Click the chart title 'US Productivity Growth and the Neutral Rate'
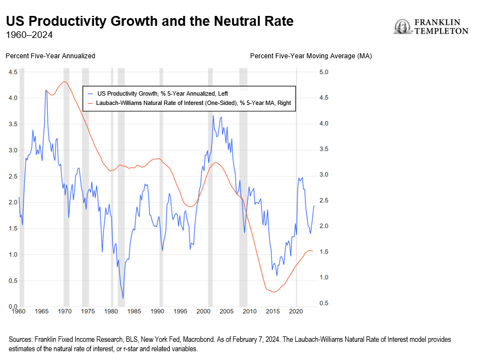(149, 21)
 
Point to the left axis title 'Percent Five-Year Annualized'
(50, 56)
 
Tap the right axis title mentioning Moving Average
(311, 56)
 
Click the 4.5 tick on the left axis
(13, 72)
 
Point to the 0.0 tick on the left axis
(13, 306)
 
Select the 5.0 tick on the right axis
(323, 72)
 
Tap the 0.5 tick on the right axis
(323, 303)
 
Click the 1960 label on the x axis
(19, 311)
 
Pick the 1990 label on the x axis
(158, 311)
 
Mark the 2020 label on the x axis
(296, 311)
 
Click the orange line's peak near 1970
(65, 81)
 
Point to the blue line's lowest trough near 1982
(123, 298)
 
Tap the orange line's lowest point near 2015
(273, 292)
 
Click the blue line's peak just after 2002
(213, 116)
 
